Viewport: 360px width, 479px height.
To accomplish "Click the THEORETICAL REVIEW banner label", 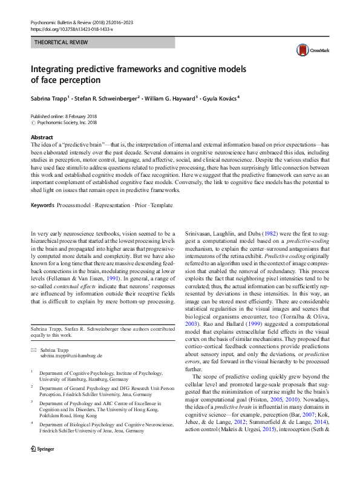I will [61, 42].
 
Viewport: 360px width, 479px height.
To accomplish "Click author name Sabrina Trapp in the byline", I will [51, 97].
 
